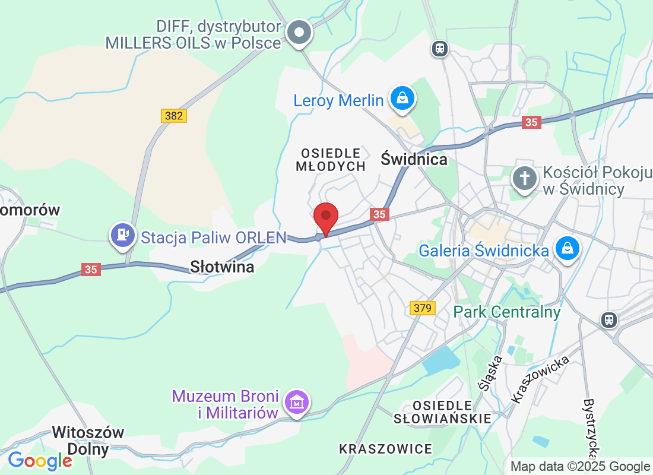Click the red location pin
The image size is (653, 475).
pyautogui.click(x=325, y=218)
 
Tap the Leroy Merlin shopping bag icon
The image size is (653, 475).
pyautogui.click(x=402, y=98)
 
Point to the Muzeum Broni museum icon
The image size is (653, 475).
pyautogui.click(x=296, y=403)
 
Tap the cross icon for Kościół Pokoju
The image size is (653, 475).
pyautogui.click(x=525, y=178)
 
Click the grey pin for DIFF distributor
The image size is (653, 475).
pyautogui.click(x=299, y=32)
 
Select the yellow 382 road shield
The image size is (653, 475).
pyautogui.click(x=173, y=116)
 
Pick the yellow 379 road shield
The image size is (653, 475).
pyautogui.click(x=422, y=308)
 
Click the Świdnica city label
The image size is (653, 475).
pyautogui.click(x=414, y=160)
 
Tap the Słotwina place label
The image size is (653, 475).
pyautogui.click(x=222, y=267)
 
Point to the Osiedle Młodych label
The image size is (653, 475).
pyautogui.click(x=331, y=160)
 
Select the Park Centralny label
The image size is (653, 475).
pyautogui.click(x=507, y=312)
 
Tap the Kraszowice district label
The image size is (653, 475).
pyautogui.click(x=386, y=449)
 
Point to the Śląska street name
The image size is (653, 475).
pyautogui.click(x=491, y=373)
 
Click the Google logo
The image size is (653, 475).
pyautogui.click(x=40, y=460)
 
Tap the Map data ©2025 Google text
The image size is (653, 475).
pyautogui.click(x=580, y=467)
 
